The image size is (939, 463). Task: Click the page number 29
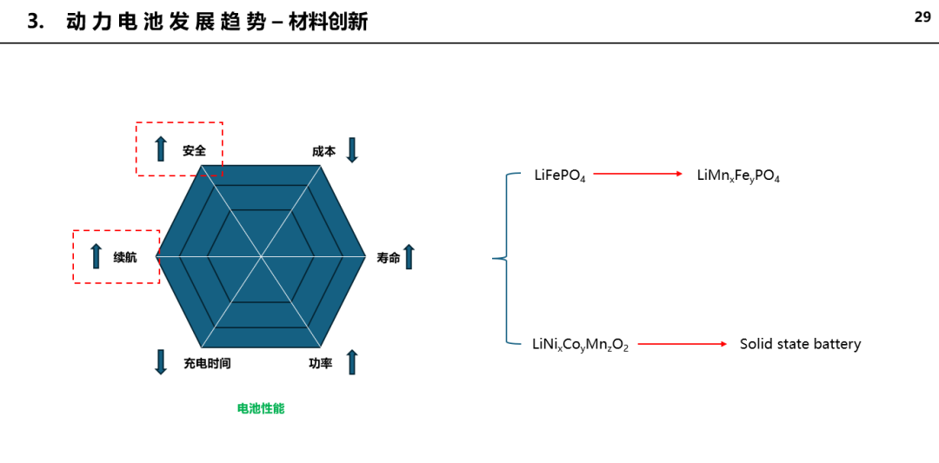pos(922,17)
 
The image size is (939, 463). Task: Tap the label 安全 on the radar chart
pos(195,151)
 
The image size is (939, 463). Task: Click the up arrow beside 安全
pos(161,149)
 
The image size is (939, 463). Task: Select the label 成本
pos(324,151)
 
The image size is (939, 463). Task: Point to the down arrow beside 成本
pos(352,150)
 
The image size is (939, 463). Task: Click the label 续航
pos(125,257)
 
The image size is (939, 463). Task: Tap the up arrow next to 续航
pos(96,256)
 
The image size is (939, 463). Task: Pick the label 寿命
pos(388,258)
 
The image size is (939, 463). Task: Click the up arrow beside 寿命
pos(409,256)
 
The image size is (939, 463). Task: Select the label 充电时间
pos(207,363)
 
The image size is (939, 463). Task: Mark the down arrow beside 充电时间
pos(161,362)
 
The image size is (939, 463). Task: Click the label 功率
pos(321,363)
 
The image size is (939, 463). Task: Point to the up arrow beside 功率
pos(352,362)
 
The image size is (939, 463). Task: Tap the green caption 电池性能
pos(261,409)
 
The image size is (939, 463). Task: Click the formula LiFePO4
pos(560,175)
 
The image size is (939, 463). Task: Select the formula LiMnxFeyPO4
pos(738,175)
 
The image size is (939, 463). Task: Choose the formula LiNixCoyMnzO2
pos(580,345)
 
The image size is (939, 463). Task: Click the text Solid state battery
pos(800,345)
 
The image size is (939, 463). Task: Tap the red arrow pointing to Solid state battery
pos(683,345)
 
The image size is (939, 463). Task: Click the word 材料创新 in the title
pos(328,22)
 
